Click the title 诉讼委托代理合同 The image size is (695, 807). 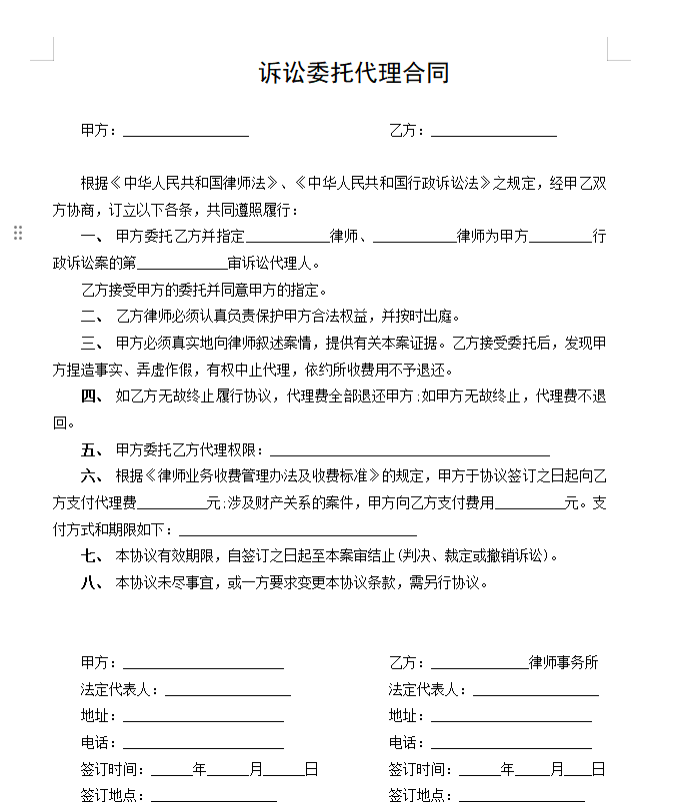[x=354, y=73]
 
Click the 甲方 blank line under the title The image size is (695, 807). [x=185, y=131]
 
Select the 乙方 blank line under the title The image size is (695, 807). [x=493, y=131]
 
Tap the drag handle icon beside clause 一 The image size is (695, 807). [x=18, y=233]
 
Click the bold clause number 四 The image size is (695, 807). [x=91, y=396]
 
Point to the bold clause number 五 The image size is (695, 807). [x=91, y=449]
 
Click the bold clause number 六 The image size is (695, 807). [x=91, y=475]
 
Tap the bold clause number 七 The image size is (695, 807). [x=91, y=555]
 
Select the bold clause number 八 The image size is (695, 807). [x=91, y=582]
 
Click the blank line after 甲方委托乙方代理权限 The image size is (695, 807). [x=410, y=450]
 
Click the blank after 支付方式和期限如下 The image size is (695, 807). [x=297, y=530]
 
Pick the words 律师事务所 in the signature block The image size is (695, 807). [x=563, y=662]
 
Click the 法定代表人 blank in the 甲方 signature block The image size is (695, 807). [x=228, y=690]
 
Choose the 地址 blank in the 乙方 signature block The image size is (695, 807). [x=511, y=716]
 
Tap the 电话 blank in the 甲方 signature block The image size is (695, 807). [x=203, y=743]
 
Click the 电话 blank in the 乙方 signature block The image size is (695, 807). [x=511, y=743]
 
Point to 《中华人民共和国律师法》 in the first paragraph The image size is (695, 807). [x=194, y=184]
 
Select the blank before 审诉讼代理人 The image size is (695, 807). [x=182, y=265]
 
